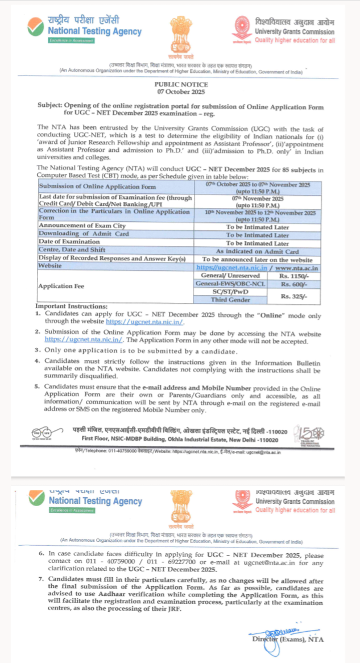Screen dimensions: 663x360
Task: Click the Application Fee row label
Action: point(61,287)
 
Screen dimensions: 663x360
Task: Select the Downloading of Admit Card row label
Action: point(84,234)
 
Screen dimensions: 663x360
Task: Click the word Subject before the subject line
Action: point(50,106)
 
